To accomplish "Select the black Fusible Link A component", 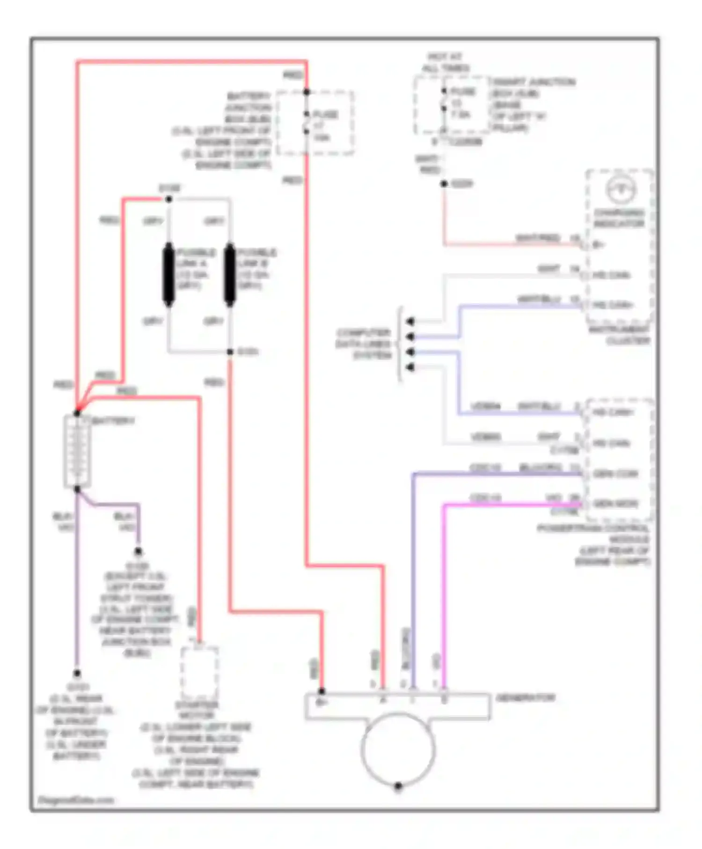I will (x=168, y=275).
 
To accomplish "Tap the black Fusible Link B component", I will (x=230, y=275).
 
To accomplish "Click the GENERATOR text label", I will (x=525, y=698).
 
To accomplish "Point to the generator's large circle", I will (x=398, y=749).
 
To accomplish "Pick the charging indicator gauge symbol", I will (x=621, y=190).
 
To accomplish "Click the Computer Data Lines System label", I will (x=364, y=344).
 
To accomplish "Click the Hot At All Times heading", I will (x=445, y=62).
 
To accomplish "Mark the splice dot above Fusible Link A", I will (x=169, y=199).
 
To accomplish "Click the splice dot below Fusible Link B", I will (x=230, y=352).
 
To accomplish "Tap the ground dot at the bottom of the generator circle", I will (x=398, y=786).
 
